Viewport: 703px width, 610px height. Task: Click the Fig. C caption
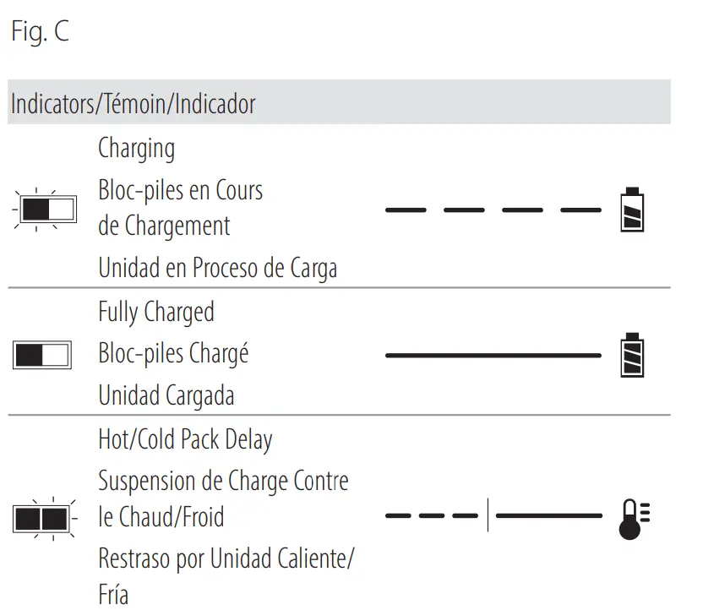(40, 33)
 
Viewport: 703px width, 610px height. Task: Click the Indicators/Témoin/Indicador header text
(133, 105)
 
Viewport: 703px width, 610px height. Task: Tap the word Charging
(137, 149)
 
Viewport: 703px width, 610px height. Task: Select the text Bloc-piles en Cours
(180, 190)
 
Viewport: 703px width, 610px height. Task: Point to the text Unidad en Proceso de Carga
(217, 268)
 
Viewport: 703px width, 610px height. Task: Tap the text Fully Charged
(156, 312)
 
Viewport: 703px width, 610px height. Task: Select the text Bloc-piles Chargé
(173, 353)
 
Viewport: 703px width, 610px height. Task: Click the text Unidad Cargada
(166, 395)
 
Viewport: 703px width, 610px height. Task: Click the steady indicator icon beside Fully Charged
(42, 355)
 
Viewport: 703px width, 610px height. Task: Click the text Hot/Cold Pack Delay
(185, 439)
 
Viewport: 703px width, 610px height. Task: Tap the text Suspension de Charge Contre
(223, 481)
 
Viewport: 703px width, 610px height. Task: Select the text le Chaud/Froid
(161, 516)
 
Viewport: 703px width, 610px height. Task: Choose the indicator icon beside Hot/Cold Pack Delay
(41, 517)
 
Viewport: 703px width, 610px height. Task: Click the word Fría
(113, 593)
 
